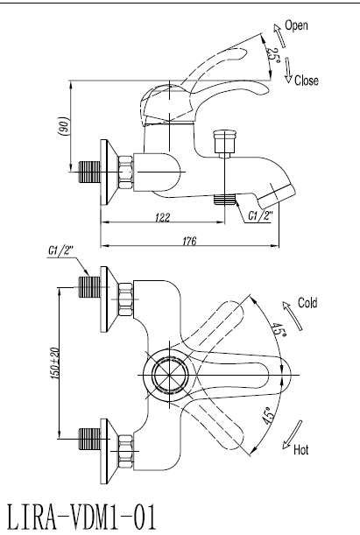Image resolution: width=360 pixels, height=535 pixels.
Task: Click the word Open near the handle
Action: [x=296, y=25]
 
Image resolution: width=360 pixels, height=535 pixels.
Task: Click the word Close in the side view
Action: [x=306, y=81]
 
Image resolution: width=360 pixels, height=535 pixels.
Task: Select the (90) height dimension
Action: [x=65, y=127]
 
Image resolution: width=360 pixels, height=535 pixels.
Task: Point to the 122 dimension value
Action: [x=162, y=217]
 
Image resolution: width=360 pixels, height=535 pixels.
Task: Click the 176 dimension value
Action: [x=189, y=241]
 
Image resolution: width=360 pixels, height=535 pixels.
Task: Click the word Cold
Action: [x=307, y=302]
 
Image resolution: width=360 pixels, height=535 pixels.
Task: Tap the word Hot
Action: [x=301, y=450]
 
